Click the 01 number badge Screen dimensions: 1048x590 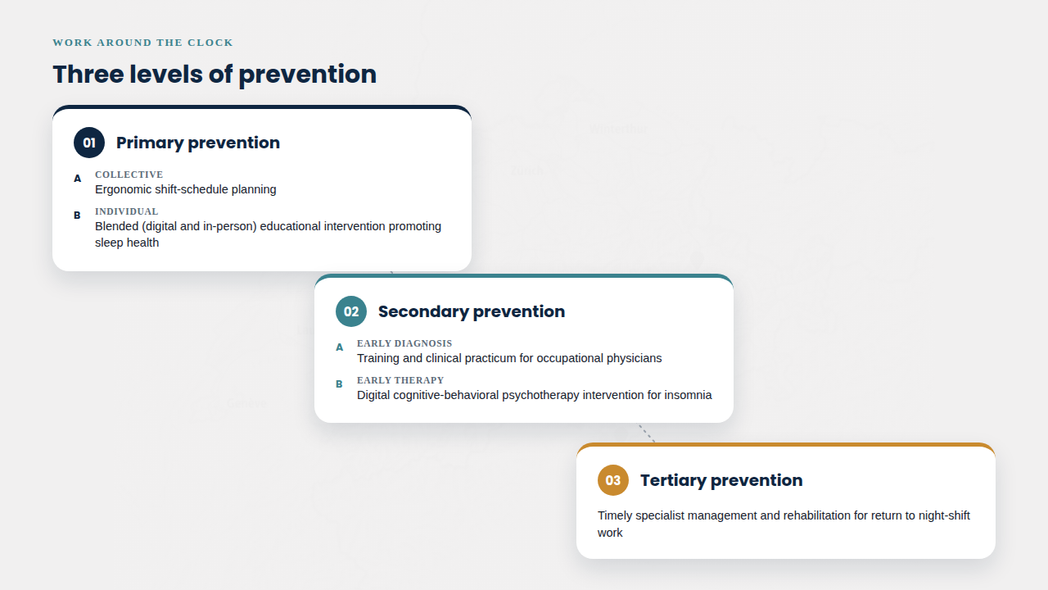point(89,143)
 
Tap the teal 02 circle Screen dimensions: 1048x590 point(351,311)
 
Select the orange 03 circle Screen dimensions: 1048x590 point(613,480)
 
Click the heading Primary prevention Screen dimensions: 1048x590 point(198,143)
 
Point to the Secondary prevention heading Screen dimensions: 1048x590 point(472,311)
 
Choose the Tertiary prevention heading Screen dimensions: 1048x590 point(721,480)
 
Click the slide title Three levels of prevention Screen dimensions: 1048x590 point(215,74)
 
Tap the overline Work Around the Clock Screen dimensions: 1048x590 point(142,43)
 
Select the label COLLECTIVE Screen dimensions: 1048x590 point(129,175)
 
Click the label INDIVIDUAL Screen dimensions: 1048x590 point(126,211)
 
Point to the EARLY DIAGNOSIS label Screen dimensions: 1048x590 point(404,343)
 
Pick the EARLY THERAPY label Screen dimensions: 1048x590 point(400,380)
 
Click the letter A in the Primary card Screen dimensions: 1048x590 point(77,179)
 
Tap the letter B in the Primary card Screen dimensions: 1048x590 point(77,216)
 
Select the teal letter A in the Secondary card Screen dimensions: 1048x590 point(339,347)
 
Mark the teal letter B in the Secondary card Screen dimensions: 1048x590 point(339,384)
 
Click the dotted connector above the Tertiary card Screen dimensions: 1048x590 point(647,433)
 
